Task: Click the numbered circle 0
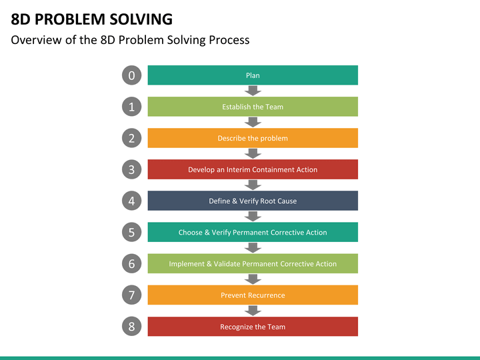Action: point(131,75)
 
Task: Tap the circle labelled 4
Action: point(131,201)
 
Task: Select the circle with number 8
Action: point(131,326)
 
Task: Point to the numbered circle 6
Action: point(131,263)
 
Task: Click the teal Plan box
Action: point(253,75)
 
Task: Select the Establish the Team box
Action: point(253,107)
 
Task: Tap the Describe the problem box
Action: point(253,138)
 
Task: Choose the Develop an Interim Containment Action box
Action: point(253,169)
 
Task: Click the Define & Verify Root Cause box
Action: point(253,201)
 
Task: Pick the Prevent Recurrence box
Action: point(253,295)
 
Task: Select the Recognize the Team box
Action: point(253,327)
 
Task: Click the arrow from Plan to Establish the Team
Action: point(253,91)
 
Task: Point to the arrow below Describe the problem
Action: point(253,154)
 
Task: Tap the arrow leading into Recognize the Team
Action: point(253,311)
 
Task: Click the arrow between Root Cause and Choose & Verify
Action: point(253,217)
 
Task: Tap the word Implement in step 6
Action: point(187,264)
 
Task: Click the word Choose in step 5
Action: point(191,233)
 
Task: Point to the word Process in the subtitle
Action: point(229,40)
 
